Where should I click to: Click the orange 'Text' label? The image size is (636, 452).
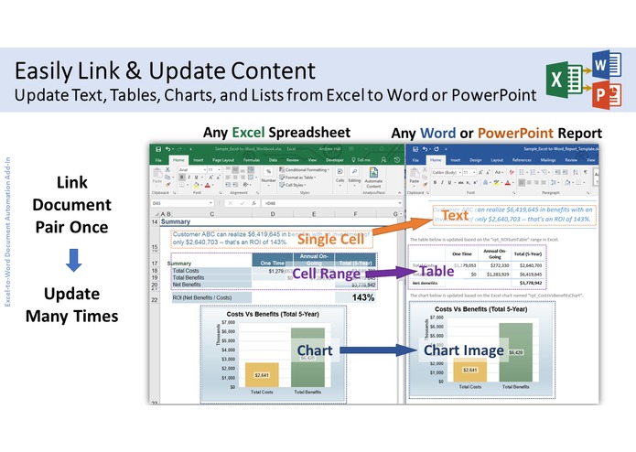click(x=455, y=216)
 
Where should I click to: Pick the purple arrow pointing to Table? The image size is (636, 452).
click(x=394, y=272)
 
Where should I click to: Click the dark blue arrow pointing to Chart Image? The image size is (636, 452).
click(x=374, y=350)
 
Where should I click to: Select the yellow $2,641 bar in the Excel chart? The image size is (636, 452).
click(x=263, y=373)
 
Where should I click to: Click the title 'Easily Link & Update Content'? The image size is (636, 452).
click(x=165, y=70)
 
